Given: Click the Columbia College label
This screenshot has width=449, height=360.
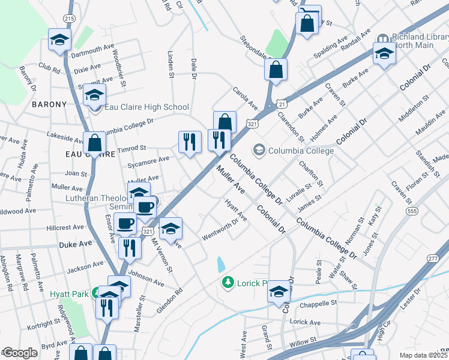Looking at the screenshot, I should point(301,151).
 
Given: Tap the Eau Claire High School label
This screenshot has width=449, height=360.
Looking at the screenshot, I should point(146,107).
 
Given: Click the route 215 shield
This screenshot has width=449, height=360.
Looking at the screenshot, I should point(70,19).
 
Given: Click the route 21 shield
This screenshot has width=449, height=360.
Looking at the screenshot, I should point(281,104).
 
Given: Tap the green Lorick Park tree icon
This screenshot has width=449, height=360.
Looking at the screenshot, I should point(227,283).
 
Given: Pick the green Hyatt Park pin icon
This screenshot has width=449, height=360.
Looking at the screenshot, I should point(95,293).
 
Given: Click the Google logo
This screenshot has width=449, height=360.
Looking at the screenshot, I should point(20,353).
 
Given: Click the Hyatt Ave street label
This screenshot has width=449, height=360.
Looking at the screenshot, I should point(236,209).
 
